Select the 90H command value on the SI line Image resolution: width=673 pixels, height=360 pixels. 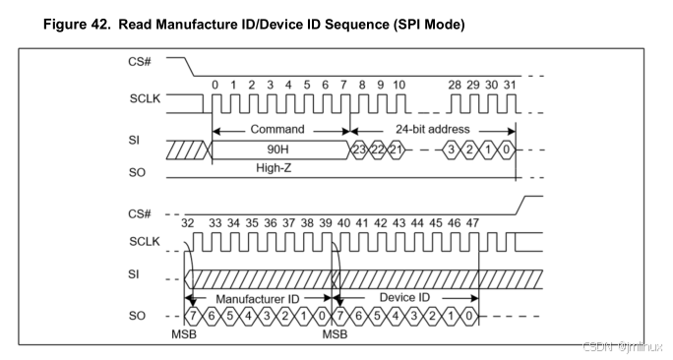277,149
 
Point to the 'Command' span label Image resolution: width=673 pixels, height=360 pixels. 278,129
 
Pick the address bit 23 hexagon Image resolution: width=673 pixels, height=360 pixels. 361,149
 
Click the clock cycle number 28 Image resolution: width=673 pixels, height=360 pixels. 454,86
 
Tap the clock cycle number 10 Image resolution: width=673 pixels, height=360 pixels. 398,86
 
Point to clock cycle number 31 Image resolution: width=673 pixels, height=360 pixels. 509,86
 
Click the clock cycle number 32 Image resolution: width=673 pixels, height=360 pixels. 189,225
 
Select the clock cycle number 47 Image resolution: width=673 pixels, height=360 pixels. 472,225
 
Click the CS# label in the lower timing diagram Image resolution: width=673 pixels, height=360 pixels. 138,214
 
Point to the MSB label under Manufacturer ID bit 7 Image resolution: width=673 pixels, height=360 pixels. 183,335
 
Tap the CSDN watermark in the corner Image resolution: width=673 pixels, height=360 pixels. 622,347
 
